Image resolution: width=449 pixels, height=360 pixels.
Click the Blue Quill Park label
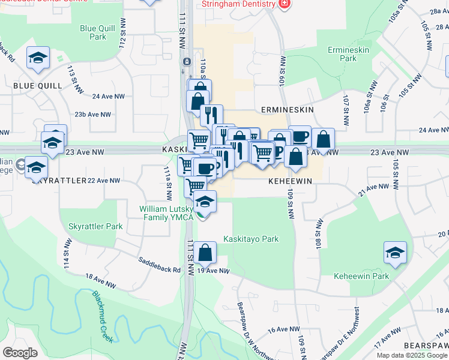pos(92,32)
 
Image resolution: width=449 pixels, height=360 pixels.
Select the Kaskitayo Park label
pos(251,239)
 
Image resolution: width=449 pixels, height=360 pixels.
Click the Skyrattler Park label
pos(95,227)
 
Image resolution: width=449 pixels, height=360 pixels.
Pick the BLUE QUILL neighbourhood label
pos(37,86)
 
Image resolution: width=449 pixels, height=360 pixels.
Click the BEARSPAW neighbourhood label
pos(425,346)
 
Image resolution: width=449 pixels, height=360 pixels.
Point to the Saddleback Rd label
pos(159,265)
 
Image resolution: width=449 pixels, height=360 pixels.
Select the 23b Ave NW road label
pos(92,114)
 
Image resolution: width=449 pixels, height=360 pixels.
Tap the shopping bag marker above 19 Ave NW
pos(205,253)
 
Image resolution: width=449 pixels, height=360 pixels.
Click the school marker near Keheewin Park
pos(395,253)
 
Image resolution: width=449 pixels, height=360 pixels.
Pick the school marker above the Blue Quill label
pos(38,58)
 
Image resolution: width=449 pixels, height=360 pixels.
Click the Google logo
pos(20,353)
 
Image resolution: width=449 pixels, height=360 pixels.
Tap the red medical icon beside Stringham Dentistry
pos(285,4)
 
